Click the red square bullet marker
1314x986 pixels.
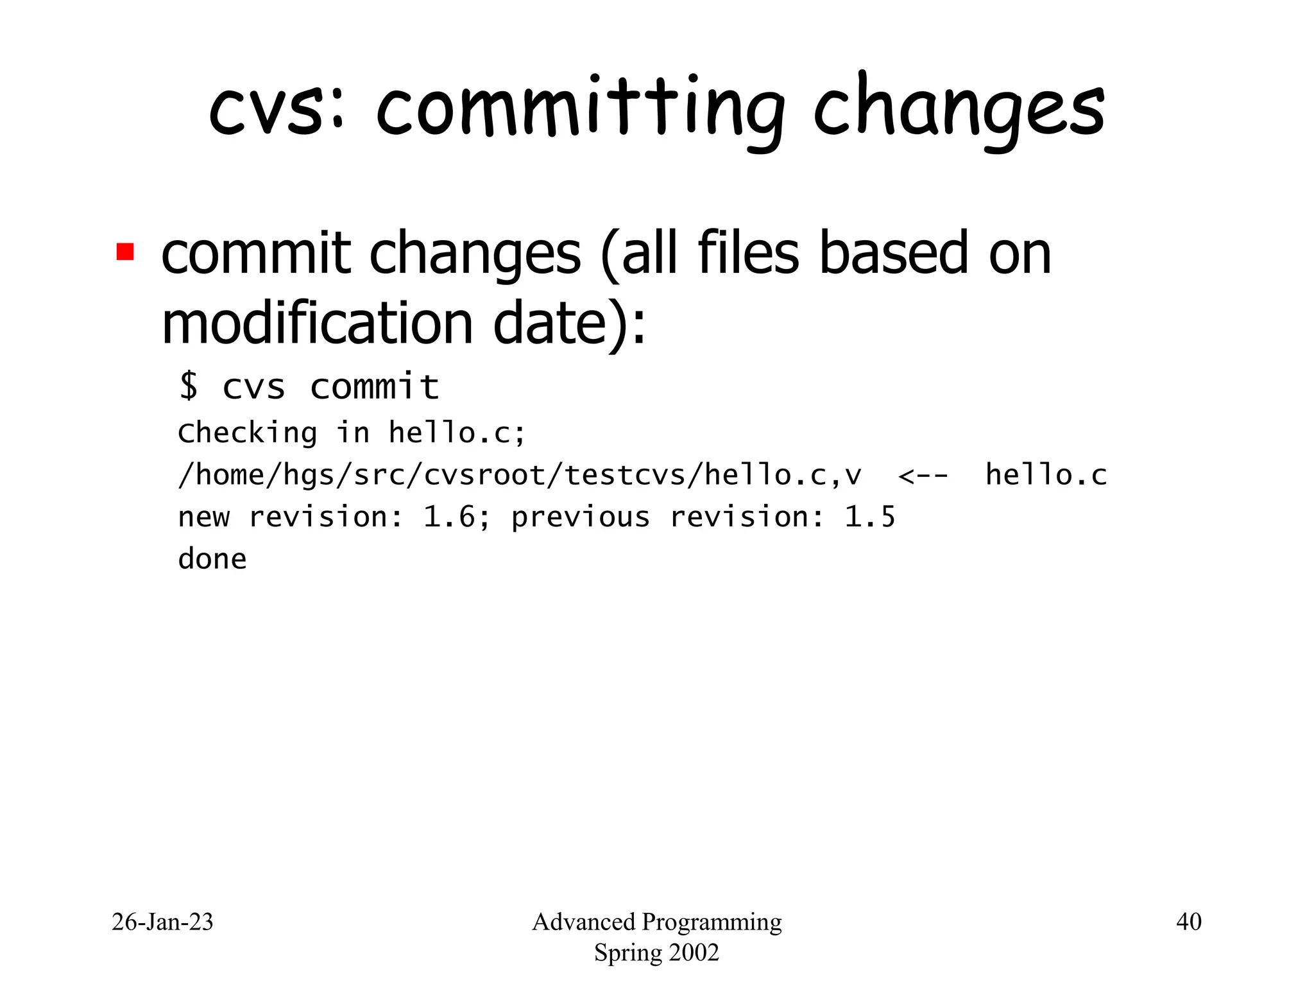tap(125, 252)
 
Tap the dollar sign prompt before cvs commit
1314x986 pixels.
tap(189, 386)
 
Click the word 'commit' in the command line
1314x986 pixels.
tap(375, 386)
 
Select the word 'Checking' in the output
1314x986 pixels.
tap(248, 433)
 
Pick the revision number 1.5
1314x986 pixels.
tap(869, 517)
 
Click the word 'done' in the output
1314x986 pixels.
tap(212, 559)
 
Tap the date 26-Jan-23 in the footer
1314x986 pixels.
tap(162, 922)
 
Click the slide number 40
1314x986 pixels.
tap(1188, 922)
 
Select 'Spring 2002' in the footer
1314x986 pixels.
tap(656, 953)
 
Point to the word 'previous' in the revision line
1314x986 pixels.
tap(580, 517)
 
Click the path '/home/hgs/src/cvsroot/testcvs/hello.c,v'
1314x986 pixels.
tap(520, 476)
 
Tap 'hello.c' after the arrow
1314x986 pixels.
tap(1046, 476)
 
